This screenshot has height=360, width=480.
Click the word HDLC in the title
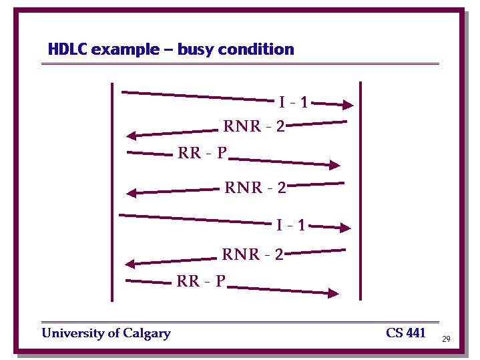pyautogui.click(x=67, y=49)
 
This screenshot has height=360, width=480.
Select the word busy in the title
pyautogui.click(x=194, y=49)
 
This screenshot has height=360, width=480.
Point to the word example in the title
pyautogui.click(x=126, y=50)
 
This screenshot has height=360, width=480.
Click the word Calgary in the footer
pyautogui.click(x=147, y=333)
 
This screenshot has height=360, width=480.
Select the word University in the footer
pyautogui.click(x=73, y=333)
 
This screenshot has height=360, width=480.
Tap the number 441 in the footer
pyautogui.click(x=416, y=333)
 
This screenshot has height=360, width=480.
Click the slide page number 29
pyautogui.click(x=446, y=339)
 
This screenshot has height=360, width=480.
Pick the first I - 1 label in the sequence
pyautogui.click(x=293, y=102)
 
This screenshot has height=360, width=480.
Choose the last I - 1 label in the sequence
pyautogui.click(x=290, y=225)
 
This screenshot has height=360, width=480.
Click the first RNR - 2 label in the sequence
pyautogui.click(x=254, y=126)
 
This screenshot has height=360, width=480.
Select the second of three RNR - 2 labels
pyautogui.click(x=255, y=188)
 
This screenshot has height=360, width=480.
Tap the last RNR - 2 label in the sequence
pyautogui.click(x=252, y=254)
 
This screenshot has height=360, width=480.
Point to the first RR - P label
pyautogui.click(x=202, y=152)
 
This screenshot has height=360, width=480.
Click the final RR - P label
pyautogui.click(x=201, y=281)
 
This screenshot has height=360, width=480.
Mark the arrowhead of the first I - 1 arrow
pyautogui.click(x=348, y=105)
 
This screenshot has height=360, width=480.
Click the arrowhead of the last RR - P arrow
pyautogui.click(x=333, y=293)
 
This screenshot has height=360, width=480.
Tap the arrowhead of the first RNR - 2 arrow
pyautogui.click(x=132, y=136)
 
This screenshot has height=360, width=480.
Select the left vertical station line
pyautogui.click(x=112, y=192)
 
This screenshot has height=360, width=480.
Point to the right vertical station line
pyautogui.click(x=361, y=191)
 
